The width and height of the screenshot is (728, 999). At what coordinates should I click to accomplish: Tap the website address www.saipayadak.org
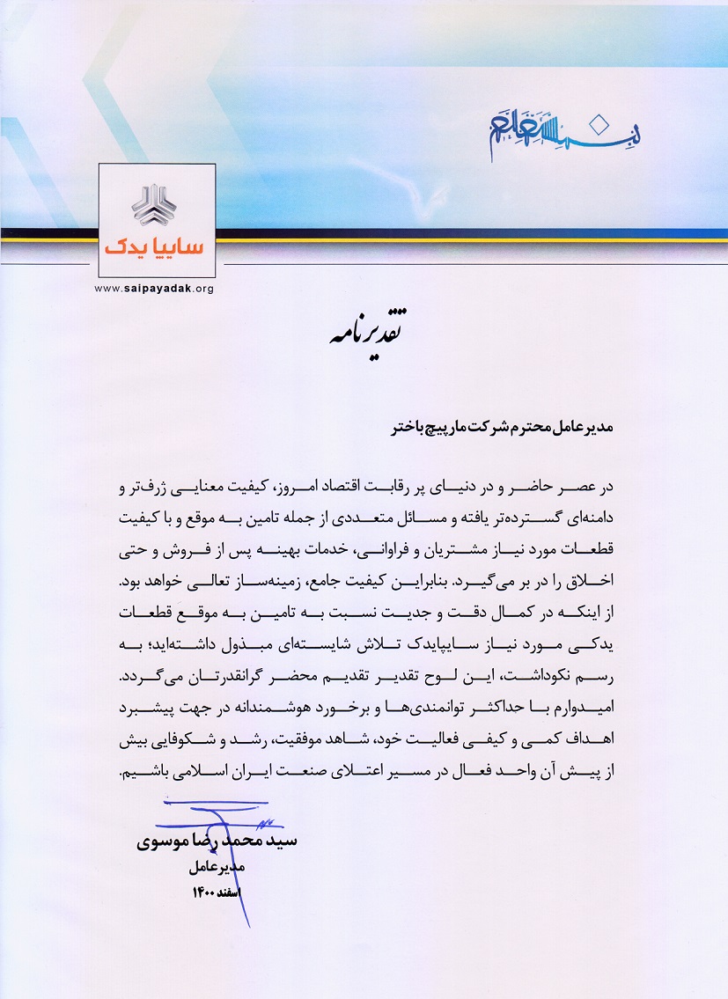pos(154,288)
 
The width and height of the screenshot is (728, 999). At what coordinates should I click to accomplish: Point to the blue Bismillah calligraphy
pos(563,129)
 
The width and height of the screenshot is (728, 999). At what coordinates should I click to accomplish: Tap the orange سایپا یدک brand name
pos(154,248)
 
